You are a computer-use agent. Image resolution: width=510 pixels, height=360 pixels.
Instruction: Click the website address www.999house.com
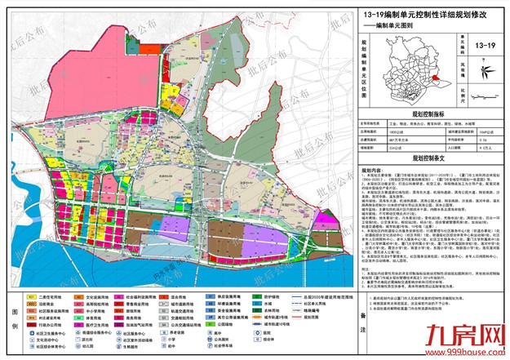466,352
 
